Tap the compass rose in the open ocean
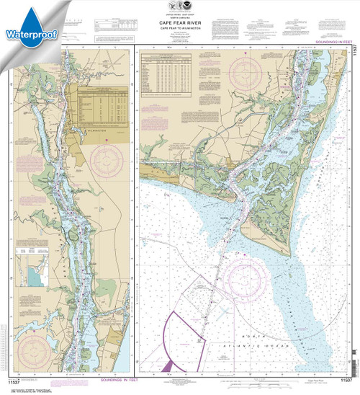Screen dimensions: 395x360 [248, 287]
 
